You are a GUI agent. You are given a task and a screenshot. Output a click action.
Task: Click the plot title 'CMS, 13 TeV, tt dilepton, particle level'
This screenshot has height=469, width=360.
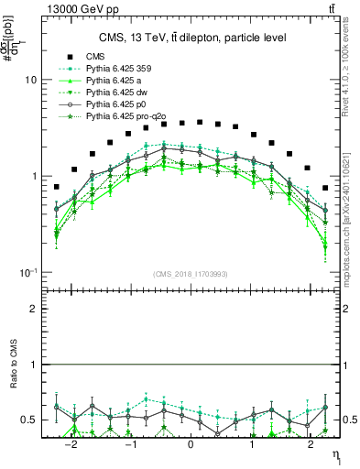pos(192,38)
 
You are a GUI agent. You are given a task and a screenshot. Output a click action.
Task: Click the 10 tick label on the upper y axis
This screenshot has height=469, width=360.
pos(30,80)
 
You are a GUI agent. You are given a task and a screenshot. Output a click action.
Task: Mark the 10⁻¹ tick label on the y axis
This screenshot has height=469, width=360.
pos(28,272)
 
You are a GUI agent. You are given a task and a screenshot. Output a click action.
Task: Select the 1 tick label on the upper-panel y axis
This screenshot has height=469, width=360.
pos(33,176)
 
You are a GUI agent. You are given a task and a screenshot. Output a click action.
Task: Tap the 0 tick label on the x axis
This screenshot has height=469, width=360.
pos(191,444)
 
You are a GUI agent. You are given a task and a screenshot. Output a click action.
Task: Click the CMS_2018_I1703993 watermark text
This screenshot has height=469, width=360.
pos(191,274)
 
